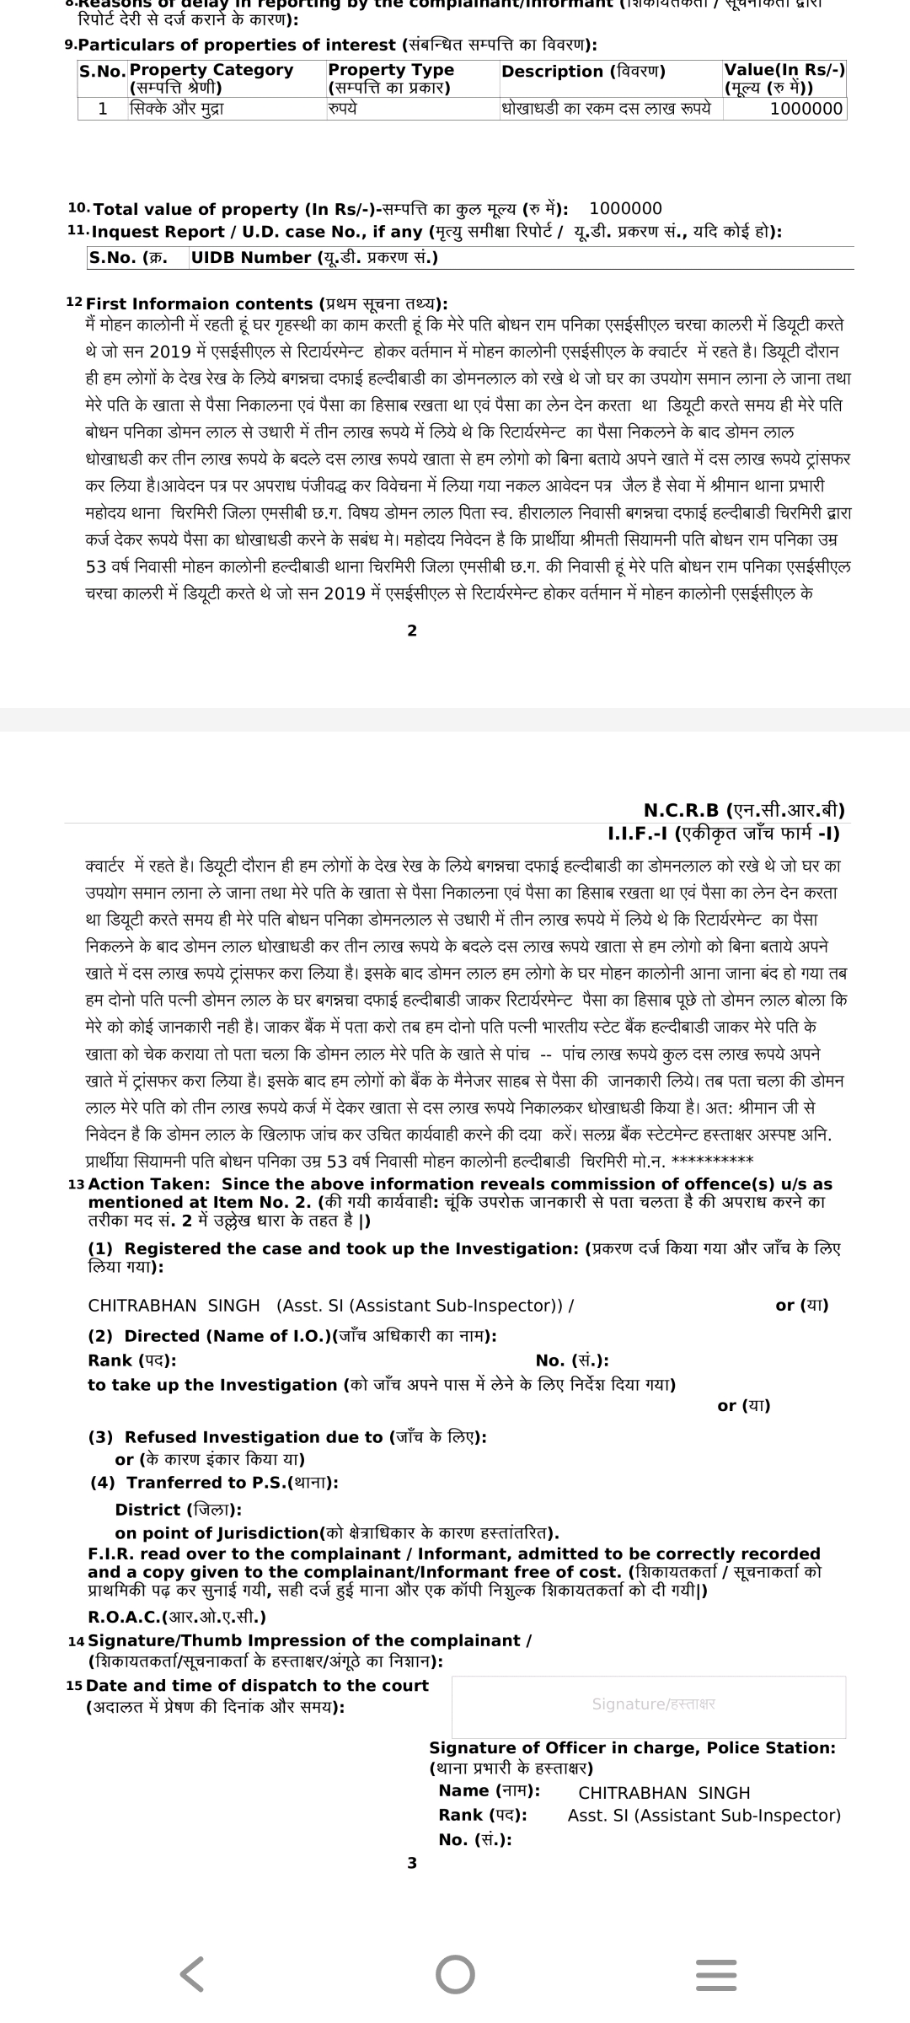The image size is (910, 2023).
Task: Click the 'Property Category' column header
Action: pos(211,70)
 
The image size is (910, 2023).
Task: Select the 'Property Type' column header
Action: pos(391,70)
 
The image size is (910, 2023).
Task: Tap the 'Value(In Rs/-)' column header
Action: pos(784,70)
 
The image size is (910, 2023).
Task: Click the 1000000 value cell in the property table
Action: pos(806,109)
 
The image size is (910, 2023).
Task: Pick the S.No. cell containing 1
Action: pos(103,109)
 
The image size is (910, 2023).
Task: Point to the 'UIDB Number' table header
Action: pos(313,258)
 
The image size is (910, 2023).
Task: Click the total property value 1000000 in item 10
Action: pos(625,209)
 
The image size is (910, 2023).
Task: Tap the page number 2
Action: pos(412,631)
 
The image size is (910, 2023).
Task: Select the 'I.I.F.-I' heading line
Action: pos(723,834)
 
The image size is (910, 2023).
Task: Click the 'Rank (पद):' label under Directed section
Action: pos(132,1360)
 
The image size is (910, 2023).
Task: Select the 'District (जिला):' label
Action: pos(178,1510)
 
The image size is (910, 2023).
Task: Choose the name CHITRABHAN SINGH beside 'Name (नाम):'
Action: pos(664,1793)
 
